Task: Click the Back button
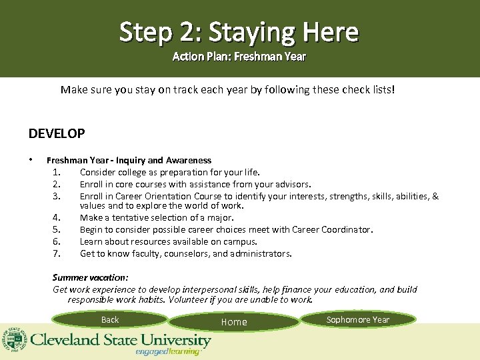pos(110,320)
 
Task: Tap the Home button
pos(234,322)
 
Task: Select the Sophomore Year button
pos(358,320)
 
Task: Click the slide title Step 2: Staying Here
pos(239,31)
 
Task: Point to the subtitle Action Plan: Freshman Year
pos(239,57)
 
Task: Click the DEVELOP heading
pos(57,133)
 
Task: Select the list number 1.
pos(57,172)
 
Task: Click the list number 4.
pos(57,218)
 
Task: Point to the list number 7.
pos(57,253)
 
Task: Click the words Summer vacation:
pos(91,277)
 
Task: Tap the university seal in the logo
pos(14,340)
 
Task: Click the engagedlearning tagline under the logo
pos(167,351)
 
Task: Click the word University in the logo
pos(176,340)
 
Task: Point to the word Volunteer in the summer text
pos(189,300)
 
